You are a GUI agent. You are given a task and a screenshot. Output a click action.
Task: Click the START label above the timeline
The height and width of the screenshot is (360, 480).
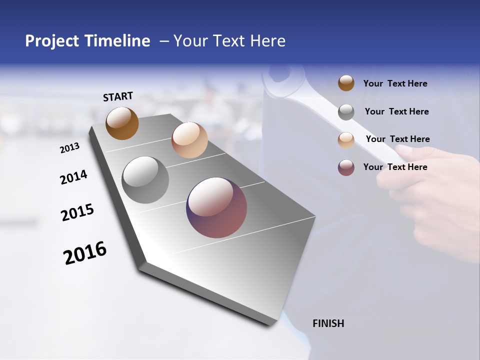118,96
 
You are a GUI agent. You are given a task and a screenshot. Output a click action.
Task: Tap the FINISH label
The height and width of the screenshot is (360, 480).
328,323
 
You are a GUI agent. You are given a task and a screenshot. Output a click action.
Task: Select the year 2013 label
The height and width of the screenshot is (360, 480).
70,148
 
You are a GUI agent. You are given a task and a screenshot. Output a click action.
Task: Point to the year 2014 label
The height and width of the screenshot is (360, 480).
74,177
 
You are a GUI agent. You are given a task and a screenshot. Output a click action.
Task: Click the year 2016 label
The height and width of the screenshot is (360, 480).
85,253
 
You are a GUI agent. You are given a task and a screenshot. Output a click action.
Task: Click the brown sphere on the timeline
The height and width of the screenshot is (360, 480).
122,123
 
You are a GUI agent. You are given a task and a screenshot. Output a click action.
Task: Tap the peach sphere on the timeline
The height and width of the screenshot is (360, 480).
189,140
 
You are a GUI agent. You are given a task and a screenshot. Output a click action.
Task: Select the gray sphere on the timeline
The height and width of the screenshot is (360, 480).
145,180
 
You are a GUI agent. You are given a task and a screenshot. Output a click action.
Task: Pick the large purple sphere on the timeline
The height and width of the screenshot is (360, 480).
216,207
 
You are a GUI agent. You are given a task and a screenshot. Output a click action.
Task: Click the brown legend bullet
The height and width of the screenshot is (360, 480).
346,83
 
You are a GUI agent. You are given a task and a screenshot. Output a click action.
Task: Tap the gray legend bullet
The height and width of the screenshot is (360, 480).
346,112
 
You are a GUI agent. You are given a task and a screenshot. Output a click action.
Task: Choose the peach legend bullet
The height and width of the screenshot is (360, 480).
346,140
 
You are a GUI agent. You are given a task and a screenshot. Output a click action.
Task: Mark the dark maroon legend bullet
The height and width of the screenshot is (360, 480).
346,167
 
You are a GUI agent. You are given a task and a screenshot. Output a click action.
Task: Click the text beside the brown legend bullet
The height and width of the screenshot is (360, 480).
395,84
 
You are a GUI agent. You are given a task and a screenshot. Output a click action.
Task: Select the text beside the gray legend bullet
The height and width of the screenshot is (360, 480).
396,111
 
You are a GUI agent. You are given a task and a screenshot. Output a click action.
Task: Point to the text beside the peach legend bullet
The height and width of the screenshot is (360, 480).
397,139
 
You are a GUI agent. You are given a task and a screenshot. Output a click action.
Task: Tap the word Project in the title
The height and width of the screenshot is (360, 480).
51,41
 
